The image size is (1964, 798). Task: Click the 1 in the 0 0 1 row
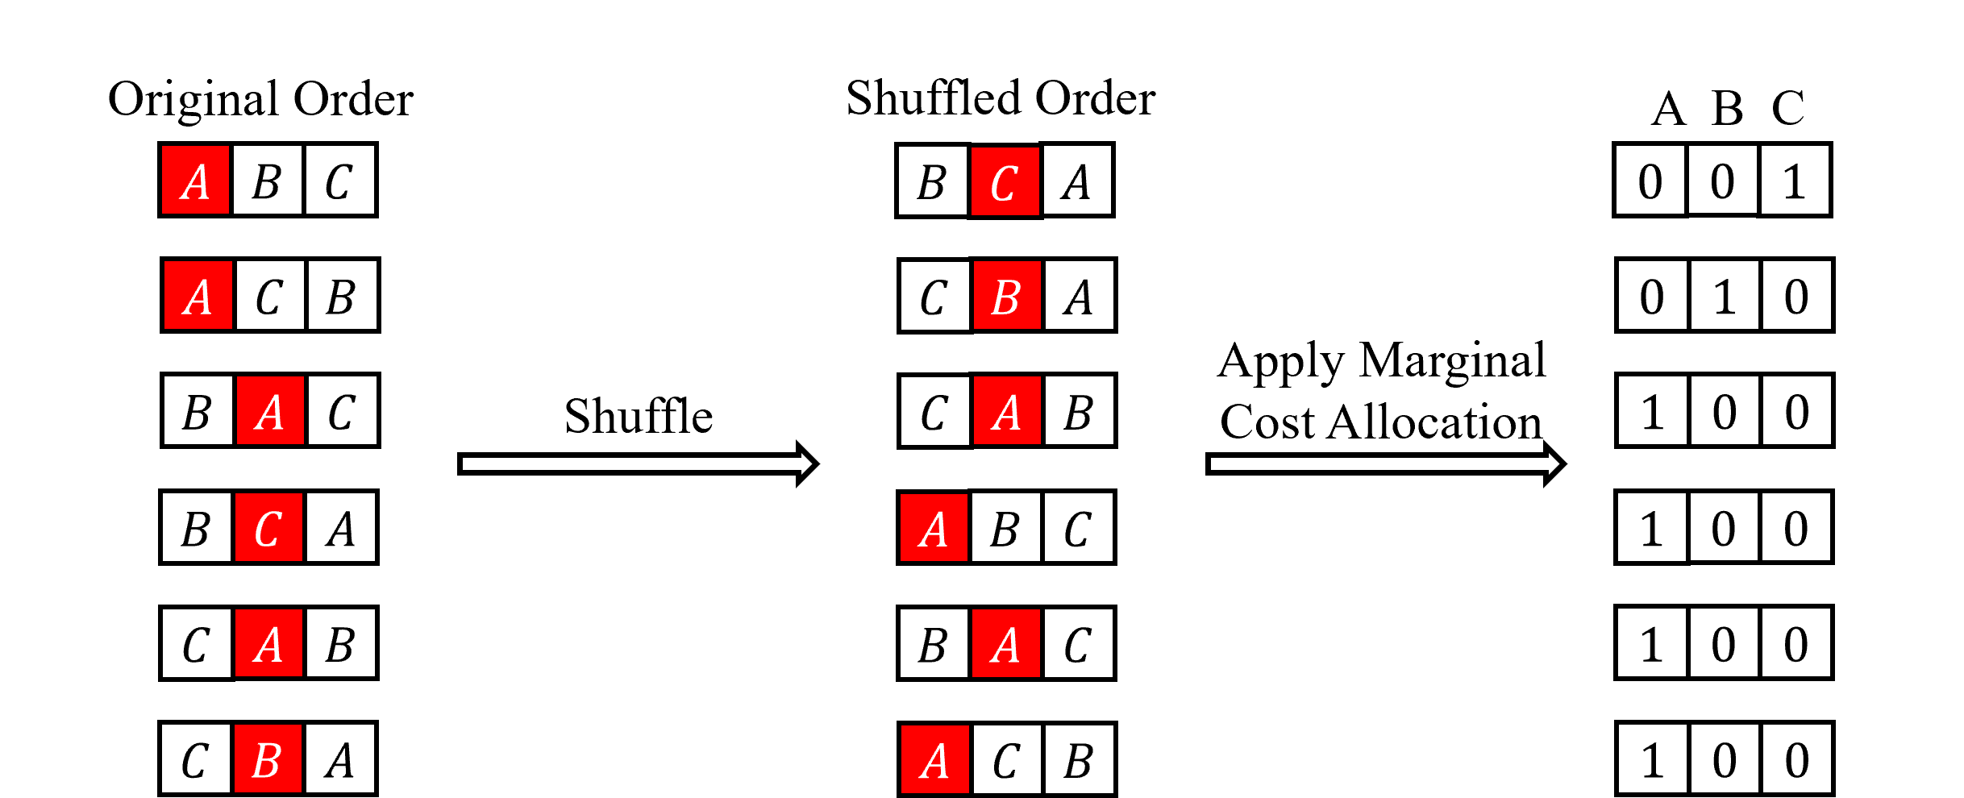(1795, 180)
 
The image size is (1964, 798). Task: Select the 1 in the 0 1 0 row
(1724, 295)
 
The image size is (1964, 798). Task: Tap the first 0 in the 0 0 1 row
(1650, 180)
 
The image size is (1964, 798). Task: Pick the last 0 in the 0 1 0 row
(1796, 295)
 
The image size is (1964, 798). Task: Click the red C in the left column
(268, 527)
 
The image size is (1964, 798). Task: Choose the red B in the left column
(268, 759)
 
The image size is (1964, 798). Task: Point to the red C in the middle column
(1005, 181)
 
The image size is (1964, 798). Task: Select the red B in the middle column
(1007, 295)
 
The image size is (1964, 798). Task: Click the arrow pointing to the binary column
(1384, 463)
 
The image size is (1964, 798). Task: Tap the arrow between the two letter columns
(637, 463)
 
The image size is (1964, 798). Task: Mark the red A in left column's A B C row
(195, 180)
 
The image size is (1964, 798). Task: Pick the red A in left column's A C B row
(198, 295)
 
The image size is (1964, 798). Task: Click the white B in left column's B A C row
(198, 410)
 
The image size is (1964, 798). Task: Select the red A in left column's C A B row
(268, 643)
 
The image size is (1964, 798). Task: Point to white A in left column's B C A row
(341, 527)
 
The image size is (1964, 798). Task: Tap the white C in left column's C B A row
(196, 759)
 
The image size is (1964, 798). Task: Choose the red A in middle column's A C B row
(934, 759)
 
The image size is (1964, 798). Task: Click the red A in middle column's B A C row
(1005, 643)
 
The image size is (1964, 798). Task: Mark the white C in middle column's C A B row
(934, 410)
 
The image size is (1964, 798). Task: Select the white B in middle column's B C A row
(932, 180)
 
